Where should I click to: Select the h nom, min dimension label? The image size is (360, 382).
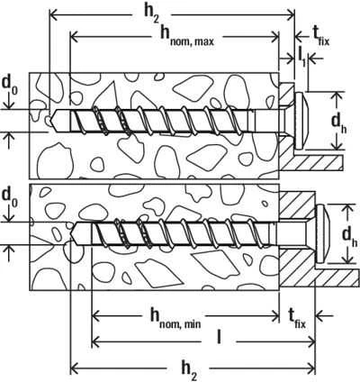point(175,318)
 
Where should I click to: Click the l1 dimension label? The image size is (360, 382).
point(301,56)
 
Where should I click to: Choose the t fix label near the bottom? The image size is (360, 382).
point(297,318)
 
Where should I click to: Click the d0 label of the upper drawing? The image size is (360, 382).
point(10,85)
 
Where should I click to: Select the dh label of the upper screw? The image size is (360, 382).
point(338,123)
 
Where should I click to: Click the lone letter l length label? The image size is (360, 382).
point(219,337)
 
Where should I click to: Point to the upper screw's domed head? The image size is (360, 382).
point(301,121)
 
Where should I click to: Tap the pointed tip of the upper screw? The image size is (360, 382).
point(51,121)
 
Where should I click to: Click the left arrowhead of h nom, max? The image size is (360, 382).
point(74,37)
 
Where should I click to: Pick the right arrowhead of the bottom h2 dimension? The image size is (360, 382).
point(311,368)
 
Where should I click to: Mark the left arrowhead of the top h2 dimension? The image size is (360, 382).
point(53,14)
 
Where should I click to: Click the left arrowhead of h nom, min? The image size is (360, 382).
point(95,316)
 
